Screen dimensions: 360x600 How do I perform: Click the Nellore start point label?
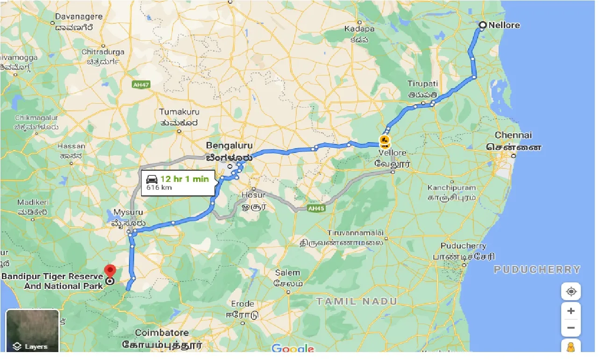tap(504, 25)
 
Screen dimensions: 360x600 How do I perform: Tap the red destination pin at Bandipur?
tap(110, 270)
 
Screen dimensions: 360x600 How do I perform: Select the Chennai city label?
tap(513, 135)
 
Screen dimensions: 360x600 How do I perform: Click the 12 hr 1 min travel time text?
tap(184, 179)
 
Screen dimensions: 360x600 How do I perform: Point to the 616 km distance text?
tap(159, 187)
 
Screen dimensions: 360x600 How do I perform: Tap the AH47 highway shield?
tap(141, 85)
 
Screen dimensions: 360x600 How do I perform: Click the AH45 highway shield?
tap(316, 208)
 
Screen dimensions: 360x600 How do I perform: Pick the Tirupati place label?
tap(422, 84)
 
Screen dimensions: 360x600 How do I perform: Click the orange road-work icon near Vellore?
tap(385, 140)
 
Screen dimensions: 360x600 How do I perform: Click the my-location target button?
tap(571, 292)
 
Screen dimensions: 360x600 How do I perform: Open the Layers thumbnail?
tap(32, 331)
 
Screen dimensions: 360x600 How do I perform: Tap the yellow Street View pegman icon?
tap(571, 347)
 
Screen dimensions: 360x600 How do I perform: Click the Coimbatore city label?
tap(162, 333)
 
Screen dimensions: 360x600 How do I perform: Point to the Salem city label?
tap(287, 273)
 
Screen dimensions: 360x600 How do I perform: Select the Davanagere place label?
tap(79, 17)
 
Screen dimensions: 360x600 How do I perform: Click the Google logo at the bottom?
tap(293, 348)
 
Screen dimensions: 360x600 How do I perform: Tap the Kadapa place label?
tap(360, 29)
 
